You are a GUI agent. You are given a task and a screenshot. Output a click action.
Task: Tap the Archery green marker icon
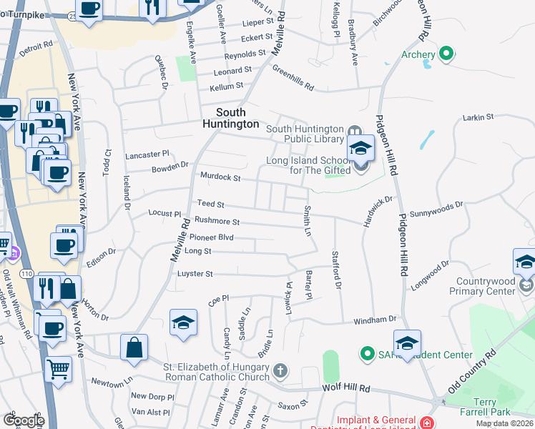[x=446, y=54]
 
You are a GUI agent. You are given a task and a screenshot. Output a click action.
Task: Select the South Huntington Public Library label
[x=305, y=134]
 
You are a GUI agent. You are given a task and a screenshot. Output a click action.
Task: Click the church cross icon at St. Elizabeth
[x=280, y=371]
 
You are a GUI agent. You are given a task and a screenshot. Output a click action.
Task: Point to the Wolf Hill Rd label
[x=350, y=388]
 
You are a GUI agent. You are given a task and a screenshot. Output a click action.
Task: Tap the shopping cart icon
[x=58, y=370]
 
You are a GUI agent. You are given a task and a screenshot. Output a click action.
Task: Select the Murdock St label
[x=220, y=177]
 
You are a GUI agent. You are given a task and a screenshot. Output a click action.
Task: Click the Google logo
[x=24, y=420]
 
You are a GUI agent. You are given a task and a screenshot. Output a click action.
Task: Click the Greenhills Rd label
[x=293, y=78]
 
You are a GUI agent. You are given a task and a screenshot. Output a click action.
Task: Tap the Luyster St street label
[x=195, y=273]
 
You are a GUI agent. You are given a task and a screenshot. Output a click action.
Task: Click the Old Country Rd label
[x=471, y=372]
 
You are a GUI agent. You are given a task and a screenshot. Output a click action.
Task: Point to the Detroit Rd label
[x=36, y=47]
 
